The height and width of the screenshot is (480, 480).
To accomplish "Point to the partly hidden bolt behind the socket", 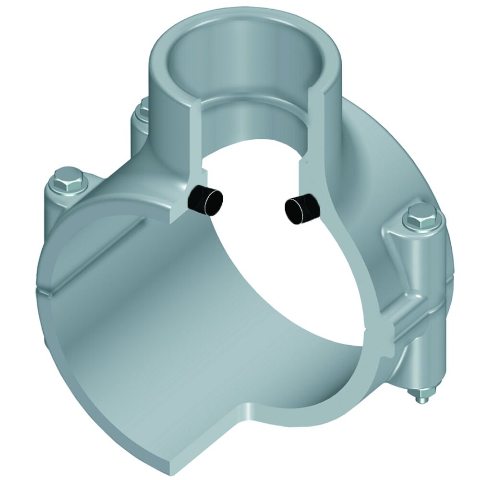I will click(143, 113).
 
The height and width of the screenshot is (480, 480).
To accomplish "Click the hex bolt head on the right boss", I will click(416, 217).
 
